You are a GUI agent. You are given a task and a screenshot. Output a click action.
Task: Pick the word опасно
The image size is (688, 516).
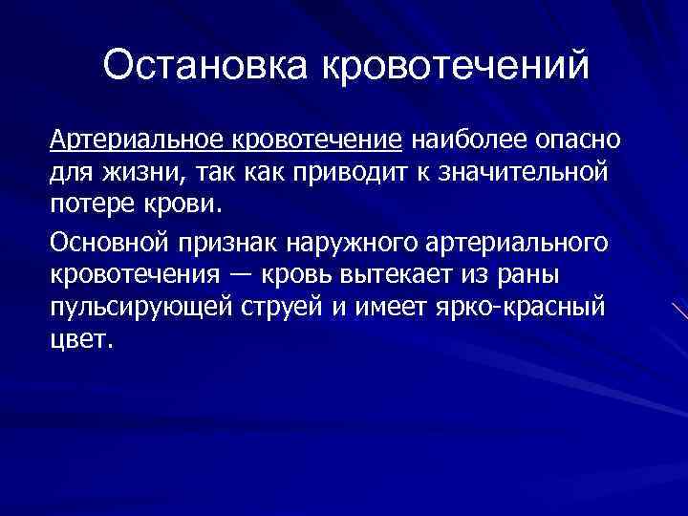(576, 140)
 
